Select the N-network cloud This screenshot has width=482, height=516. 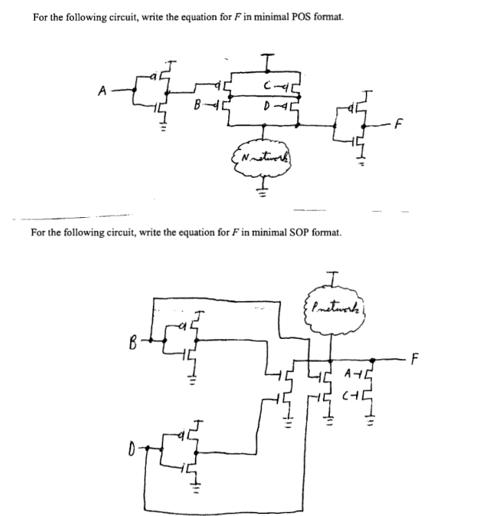click(x=262, y=158)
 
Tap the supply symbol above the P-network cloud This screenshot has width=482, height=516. click(x=331, y=278)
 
